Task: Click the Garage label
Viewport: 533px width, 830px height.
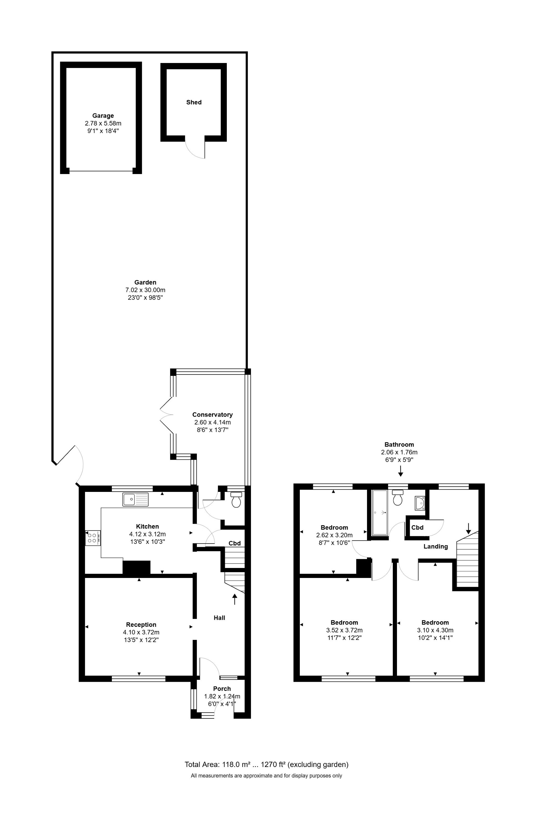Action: [103, 115]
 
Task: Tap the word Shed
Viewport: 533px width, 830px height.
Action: [194, 102]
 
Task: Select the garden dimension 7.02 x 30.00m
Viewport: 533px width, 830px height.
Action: [145, 290]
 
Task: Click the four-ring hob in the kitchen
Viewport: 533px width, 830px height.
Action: [93, 538]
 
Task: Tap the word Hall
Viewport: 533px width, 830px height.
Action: [219, 618]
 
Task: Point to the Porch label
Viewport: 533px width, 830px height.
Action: [222, 688]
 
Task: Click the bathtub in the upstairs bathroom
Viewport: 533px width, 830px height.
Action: [380, 512]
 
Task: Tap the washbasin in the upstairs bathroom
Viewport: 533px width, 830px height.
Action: [420, 503]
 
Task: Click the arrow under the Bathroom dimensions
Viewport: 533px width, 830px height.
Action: [400, 471]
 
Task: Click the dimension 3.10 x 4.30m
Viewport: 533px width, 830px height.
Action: [435, 630]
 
